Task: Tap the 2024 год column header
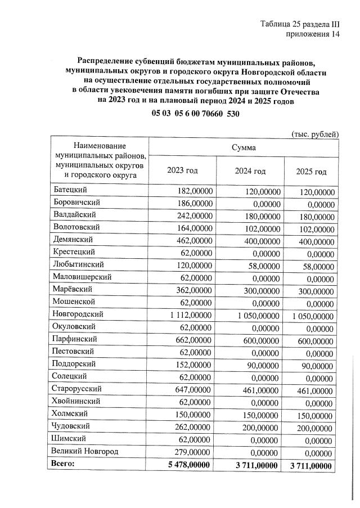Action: [250, 171]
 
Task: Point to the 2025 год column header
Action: [311, 171]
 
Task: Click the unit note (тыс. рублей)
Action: [314, 133]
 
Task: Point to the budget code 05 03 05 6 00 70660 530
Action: [196, 113]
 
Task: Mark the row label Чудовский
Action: [71, 426]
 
